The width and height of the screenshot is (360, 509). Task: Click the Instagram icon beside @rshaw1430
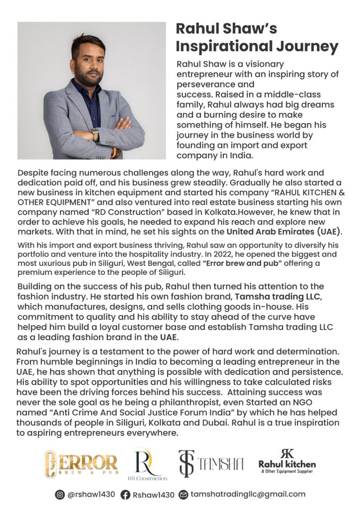pos(60,495)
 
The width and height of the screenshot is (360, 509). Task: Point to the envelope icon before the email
pos(183,495)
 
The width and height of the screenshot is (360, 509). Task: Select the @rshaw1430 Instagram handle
pos(91,495)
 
